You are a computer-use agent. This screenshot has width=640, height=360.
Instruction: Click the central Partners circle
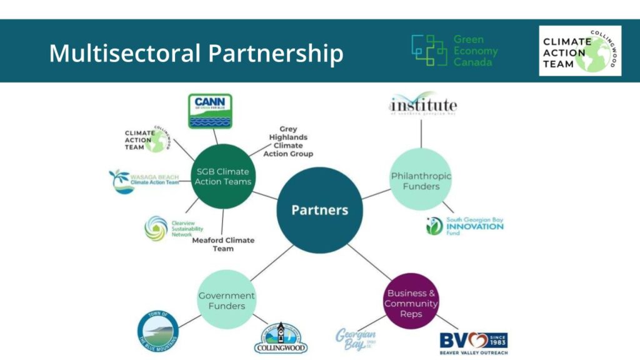pyautogui.click(x=319, y=210)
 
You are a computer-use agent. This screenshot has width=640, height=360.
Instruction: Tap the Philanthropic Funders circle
pyautogui.click(x=420, y=181)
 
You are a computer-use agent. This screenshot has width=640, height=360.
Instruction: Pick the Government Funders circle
pyautogui.click(x=226, y=301)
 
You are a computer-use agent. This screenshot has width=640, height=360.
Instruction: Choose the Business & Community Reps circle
pyautogui.click(x=411, y=303)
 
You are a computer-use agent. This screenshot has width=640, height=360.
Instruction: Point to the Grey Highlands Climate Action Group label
pyautogui.click(x=288, y=141)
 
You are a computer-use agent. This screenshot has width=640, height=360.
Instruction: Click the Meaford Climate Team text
pyautogui.click(x=222, y=244)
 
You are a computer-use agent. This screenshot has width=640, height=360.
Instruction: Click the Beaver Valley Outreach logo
pyautogui.click(x=473, y=342)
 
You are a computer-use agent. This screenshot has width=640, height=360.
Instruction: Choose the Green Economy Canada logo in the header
pyautogui.click(x=454, y=51)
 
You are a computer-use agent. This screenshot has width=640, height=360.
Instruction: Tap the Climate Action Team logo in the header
pyautogui.click(x=580, y=51)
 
